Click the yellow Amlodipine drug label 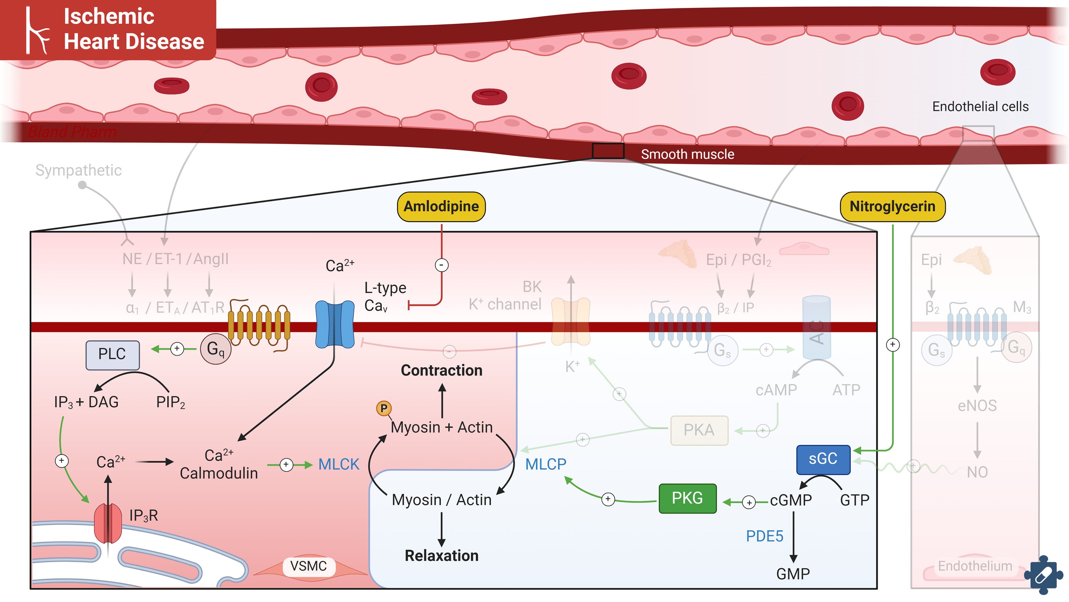[x=441, y=206]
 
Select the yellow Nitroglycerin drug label [x=892, y=206]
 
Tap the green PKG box [x=687, y=498]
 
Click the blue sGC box [x=823, y=459]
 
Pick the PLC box [x=112, y=354]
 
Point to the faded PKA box [x=699, y=430]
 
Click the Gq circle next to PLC [x=215, y=349]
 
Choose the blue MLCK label [x=339, y=464]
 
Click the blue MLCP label [x=545, y=464]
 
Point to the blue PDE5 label [x=764, y=536]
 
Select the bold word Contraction [x=442, y=370]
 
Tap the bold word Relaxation [x=442, y=555]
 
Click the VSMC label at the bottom [x=308, y=566]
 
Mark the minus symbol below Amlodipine [x=442, y=265]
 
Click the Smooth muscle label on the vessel [x=687, y=155]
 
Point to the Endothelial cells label [x=980, y=107]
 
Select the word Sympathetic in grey [x=79, y=170]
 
